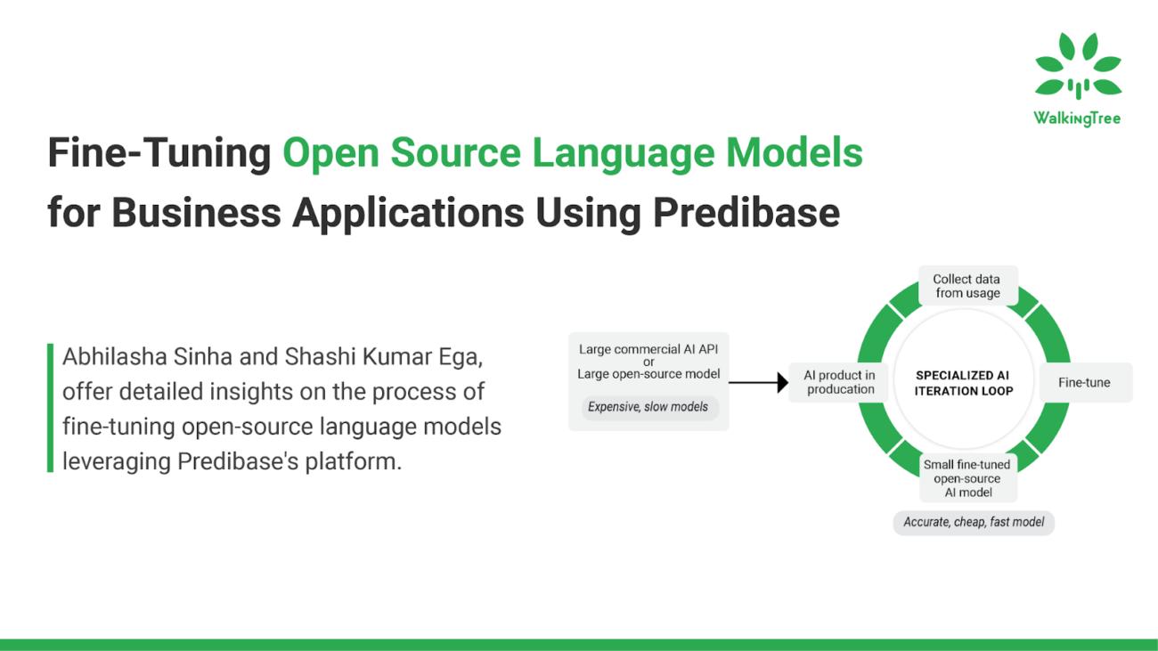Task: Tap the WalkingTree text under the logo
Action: click(x=1077, y=118)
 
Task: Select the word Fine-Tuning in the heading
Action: click(x=159, y=153)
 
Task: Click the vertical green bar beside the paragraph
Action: click(x=51, y=408)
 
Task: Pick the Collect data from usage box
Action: click(x=966, y=286)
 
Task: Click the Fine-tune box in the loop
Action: click(x=1084, y=383)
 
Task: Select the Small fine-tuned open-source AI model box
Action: click(x=966, y=478)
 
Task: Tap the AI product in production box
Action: click(x=839, y=382)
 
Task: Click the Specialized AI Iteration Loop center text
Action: click(x=964, y=383)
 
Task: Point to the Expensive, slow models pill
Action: click(x=648, y=407)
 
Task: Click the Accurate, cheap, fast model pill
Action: click(x=974, y=522)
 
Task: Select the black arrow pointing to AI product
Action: click(x=758, y=383)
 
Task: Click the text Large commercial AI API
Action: click(x=648, y=350)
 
